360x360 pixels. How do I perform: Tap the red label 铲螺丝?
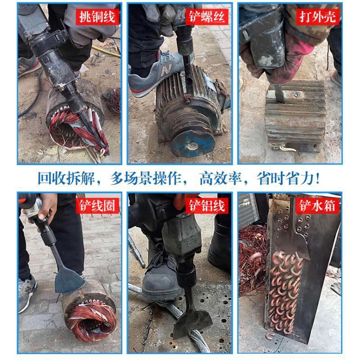[207, 17]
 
